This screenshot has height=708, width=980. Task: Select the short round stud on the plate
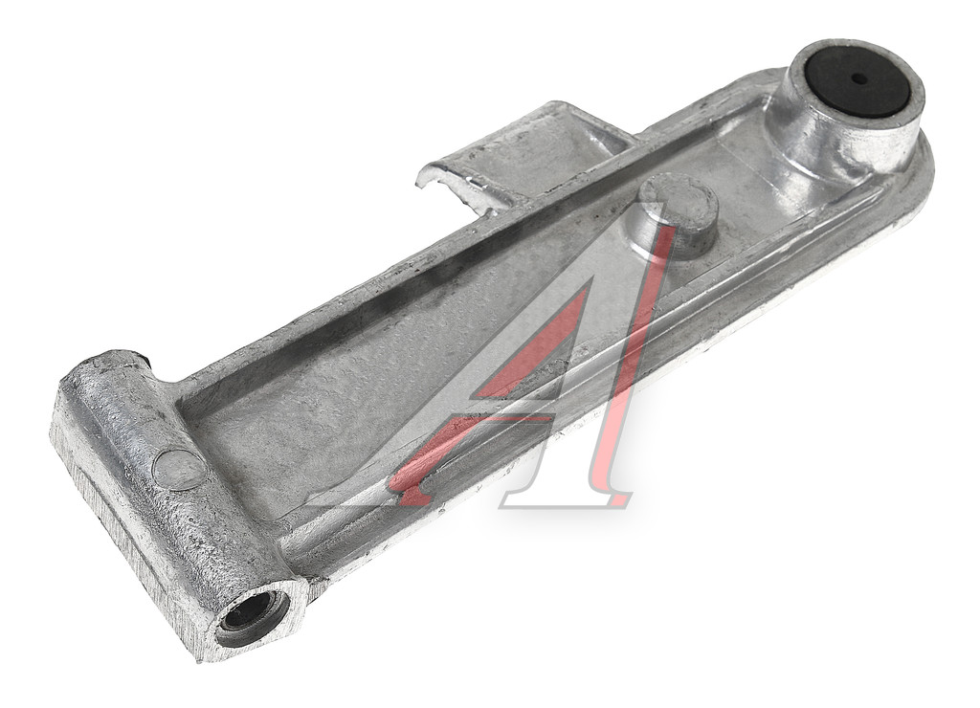pos(675,215)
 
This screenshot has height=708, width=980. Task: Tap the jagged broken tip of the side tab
pos(437,178)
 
